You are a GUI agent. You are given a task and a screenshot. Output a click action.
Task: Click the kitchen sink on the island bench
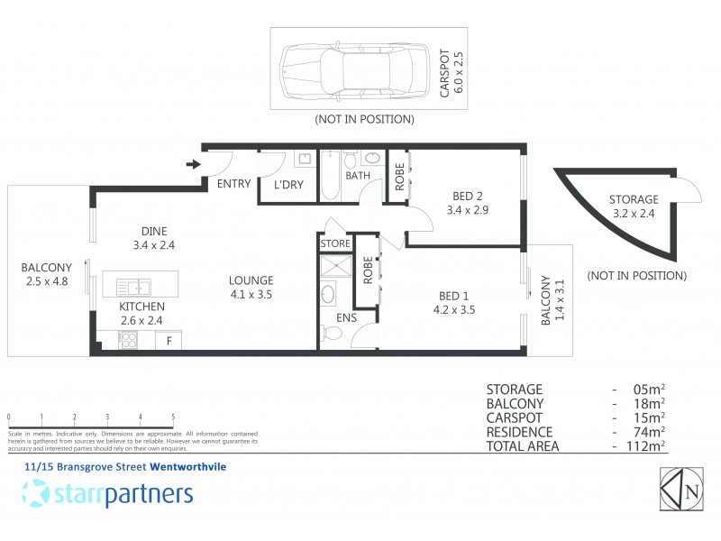(138, 288)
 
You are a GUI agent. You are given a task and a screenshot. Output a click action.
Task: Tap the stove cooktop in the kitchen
(129, 341)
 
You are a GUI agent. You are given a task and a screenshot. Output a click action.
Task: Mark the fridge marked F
(168, 342)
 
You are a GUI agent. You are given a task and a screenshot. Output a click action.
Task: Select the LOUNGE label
(251, 280)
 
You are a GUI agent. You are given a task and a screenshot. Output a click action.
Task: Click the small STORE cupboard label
(333, 243)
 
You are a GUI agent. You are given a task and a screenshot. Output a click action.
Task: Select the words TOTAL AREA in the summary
(523, 446)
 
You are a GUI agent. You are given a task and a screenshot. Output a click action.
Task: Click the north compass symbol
(682, 491)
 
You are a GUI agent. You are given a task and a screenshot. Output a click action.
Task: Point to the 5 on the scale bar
(173, 417)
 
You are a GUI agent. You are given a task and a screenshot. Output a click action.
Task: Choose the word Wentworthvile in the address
(187, 467)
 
